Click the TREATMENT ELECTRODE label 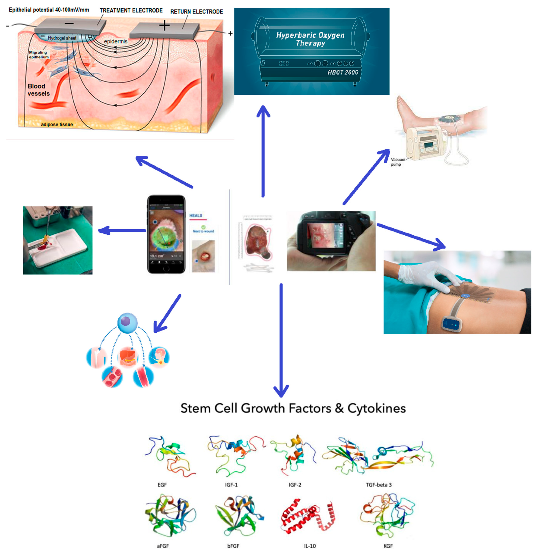coord(131,11)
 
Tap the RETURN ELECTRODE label coord(197,12)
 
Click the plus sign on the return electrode coord(164,26)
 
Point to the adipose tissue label coord(57,125)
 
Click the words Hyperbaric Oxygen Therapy coord(310,39)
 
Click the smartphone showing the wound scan coord(166,234)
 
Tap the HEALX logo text coord(196,216)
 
